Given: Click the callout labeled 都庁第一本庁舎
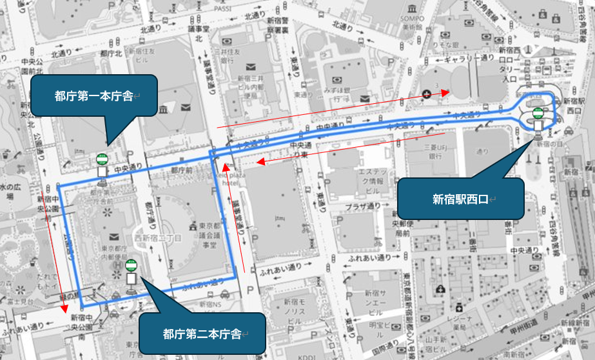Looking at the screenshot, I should (x=94, y=96).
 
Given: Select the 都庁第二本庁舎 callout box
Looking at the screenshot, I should (x=202, y=334).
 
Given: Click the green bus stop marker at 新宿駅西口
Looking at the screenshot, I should (x=538, y=115).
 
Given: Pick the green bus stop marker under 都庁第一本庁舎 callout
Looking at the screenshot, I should (x=102, y=159).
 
